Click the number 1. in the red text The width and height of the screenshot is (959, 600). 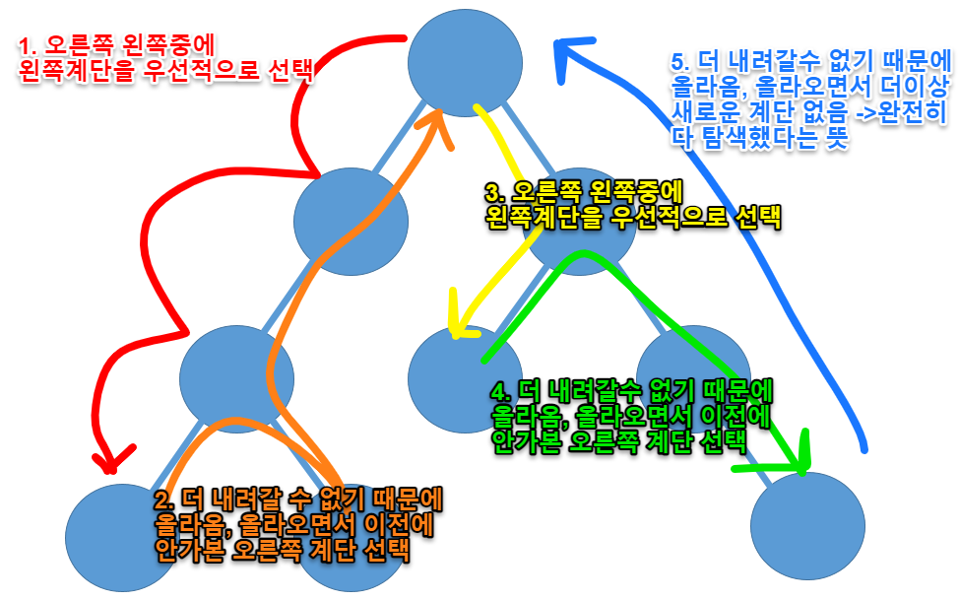click(31, 46)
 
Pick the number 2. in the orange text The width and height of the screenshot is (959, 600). click(164, 500)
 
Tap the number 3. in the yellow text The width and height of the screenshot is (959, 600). click(495, 193)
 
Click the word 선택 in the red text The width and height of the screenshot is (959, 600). click(287, 72)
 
